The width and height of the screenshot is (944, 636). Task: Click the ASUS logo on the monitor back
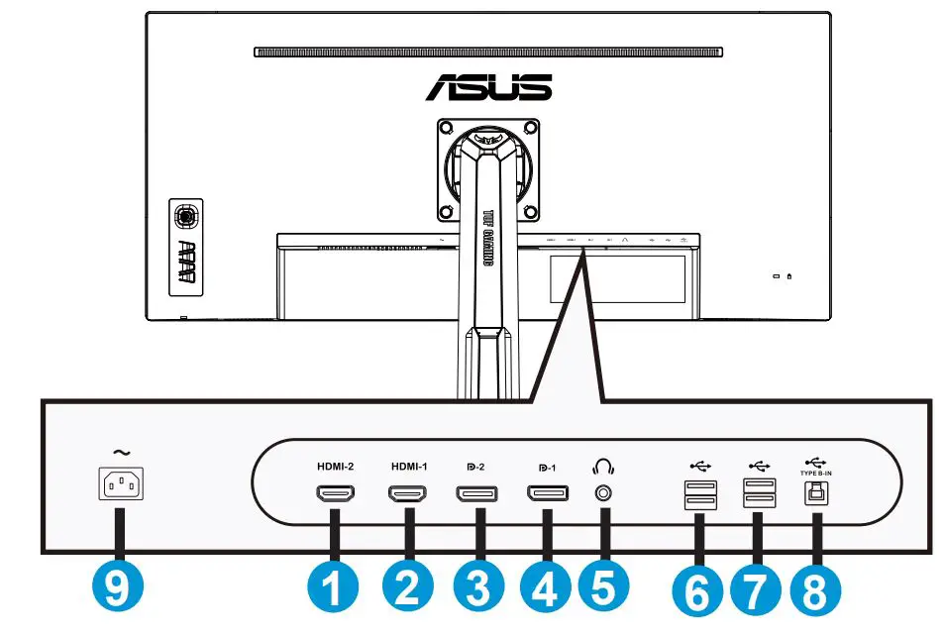click(x=488, y=86)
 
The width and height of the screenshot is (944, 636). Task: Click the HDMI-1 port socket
click(x=406, y=494)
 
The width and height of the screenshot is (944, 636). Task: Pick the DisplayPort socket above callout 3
click(x=476, y=494)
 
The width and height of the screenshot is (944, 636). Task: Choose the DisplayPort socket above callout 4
click(x=546, y=493)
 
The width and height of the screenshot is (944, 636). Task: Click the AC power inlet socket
click(x=120, y=486)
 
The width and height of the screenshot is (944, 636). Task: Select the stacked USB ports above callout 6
click(x=695, y=493)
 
